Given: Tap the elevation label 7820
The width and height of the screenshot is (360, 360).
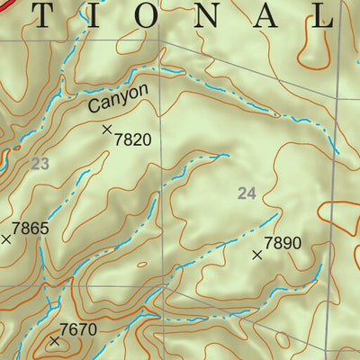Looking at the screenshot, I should pyautogui.click(x=132, y=139).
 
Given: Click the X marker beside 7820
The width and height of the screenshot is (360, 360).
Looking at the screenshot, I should pyautogui.click(x=107, y=130).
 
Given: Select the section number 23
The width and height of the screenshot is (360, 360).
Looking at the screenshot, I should pyautogui.click(x=39, y=163).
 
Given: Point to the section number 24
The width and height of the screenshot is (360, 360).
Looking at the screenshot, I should pyautogui.click(x=247, y=193).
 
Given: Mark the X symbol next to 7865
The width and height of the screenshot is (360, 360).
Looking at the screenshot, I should pyautogui.click(x=6, y=238).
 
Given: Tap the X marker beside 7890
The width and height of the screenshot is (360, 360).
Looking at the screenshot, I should pyautogui.click(x=257, y=256).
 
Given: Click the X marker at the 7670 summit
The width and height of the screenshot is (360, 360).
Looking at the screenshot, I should pyautogui.click(x=55, y=341).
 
